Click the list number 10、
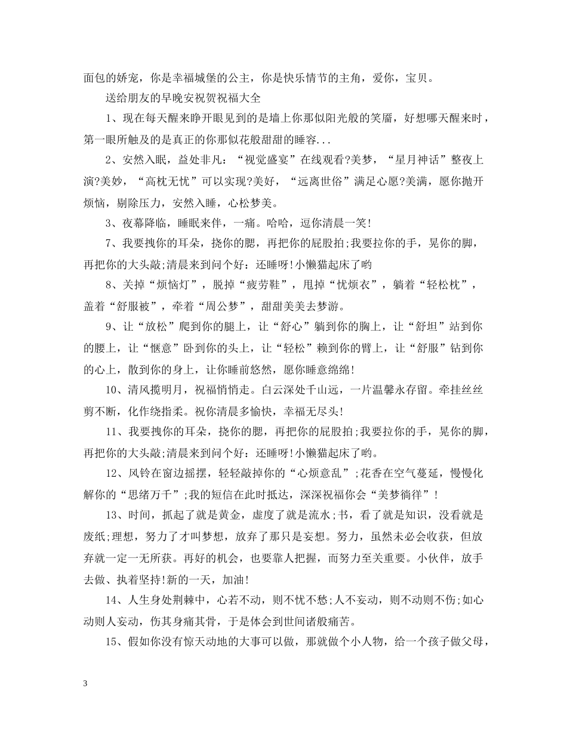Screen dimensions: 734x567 coord(116,395)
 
